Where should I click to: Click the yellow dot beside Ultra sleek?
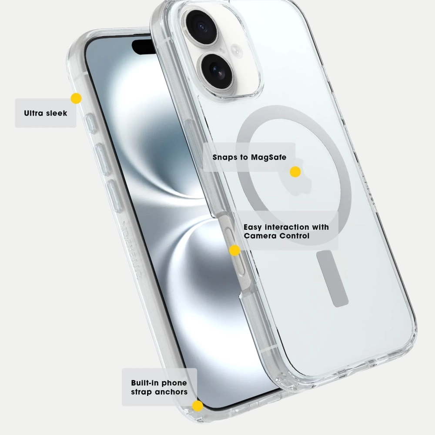point(76,98)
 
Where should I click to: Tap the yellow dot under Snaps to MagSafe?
point(295,172)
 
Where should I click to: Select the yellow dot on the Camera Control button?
point(234,250)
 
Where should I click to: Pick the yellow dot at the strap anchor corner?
point(197,406)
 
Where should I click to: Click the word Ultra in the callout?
point(33,113)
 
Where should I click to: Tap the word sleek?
point(57,113)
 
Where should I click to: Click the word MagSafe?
point(268,157)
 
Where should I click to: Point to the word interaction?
point(287,227)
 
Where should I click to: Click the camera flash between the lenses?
point(236,50)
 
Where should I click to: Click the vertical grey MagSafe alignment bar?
point(332,278)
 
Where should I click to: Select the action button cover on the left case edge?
point(90,124)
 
